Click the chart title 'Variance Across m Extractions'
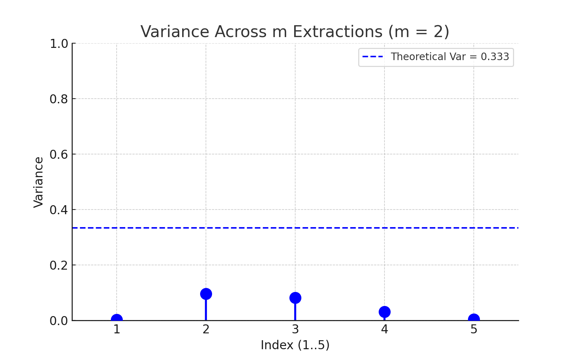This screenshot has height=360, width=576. click(x=295, y=32)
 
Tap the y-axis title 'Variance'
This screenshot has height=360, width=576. click(x=39, y=182)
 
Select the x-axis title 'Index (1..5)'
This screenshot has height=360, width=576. click(x=295, y=345)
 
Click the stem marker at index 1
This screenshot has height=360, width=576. click(x=117, y=319)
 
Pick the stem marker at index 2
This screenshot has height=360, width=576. click(x=206, y=294)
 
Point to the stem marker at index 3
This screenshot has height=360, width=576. click(x=295, y=298)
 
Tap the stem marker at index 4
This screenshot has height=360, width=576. click(x=384, y=312)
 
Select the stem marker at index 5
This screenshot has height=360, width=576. click(x=474, y=319)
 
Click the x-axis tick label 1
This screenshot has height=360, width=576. click(x=117, y=329)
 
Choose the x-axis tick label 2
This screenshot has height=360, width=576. click(x=206, y=329)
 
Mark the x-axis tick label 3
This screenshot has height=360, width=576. click(x=295, y=329)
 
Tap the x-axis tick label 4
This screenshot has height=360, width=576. click(x=384, y=329)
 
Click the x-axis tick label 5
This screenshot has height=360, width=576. click(x=474, y=329)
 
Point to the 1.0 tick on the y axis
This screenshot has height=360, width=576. click(x=59, y=44)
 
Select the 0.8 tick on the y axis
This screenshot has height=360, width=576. click(x=59, y=99)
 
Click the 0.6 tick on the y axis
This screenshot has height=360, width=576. click(x=59, y=154)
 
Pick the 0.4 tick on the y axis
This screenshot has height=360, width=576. click(x=59, y=210)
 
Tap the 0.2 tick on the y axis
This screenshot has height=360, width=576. click(x=59, y=265)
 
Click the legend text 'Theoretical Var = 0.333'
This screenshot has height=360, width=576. click(x=450, y=57)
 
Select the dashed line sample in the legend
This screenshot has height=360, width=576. click(x=373, y=57)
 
